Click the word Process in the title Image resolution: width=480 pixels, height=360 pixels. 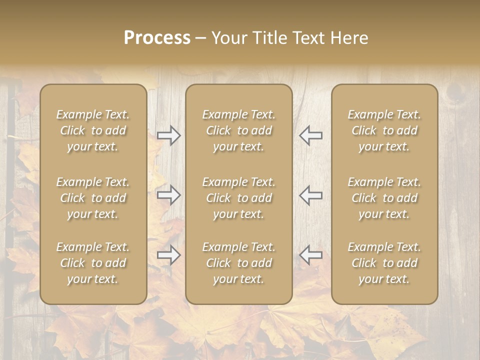pos(157,38)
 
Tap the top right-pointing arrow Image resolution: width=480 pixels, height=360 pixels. pos(168,135)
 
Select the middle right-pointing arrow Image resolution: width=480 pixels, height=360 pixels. pos(168,195)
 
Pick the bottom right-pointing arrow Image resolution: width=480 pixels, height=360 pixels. pos(168,255)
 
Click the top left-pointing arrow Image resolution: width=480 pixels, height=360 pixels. pos(310,135)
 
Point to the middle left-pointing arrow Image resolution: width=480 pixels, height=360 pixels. pos(310,195)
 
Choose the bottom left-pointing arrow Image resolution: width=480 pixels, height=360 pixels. pos(310,255)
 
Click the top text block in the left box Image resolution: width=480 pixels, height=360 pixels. pos(93,130)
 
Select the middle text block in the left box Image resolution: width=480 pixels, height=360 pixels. pos(93,198)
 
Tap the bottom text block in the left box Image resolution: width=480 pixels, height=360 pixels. pos(93,263)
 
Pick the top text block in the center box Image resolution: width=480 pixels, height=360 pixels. pos(238,130)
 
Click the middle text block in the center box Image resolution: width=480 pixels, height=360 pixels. pos(238,198)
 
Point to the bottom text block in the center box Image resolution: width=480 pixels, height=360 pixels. pos(238,263)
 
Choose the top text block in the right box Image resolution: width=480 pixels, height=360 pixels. pos(384,130)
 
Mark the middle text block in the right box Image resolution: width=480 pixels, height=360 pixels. pos(384,198)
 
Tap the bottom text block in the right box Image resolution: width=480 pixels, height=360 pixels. pos(384,263)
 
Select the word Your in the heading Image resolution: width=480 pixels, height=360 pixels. pos(229,38)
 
